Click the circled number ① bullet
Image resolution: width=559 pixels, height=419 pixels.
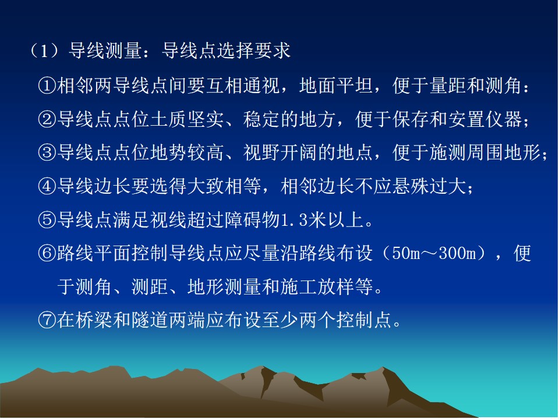click(x=47, y=86)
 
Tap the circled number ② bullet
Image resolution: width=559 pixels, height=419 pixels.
click(x=47, y=119)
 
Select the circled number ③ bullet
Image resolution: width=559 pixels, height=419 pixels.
click(x=47, y=153)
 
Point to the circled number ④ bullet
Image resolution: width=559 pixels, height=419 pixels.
click(x=47, y=186)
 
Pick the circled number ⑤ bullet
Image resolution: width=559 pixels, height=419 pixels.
click(x=47, y=219)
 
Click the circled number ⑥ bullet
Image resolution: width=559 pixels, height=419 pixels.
click(x=47, y=253)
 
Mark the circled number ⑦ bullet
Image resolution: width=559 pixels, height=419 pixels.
click(x=47, y=319)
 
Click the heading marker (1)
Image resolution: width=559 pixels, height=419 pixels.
click(x=45, y=51)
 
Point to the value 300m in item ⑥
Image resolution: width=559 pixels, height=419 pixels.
click(x=458, y=253)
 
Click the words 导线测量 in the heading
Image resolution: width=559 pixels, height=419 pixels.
click(x=105, y=51)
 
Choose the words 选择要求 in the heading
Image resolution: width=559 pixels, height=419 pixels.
click(x=253, y=51)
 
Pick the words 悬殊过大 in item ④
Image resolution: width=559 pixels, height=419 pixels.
click(x=429, y=186)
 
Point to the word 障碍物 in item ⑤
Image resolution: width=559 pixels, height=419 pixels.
click(x=253, y=219)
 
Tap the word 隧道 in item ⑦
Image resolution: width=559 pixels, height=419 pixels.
click(x=150, y=319)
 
